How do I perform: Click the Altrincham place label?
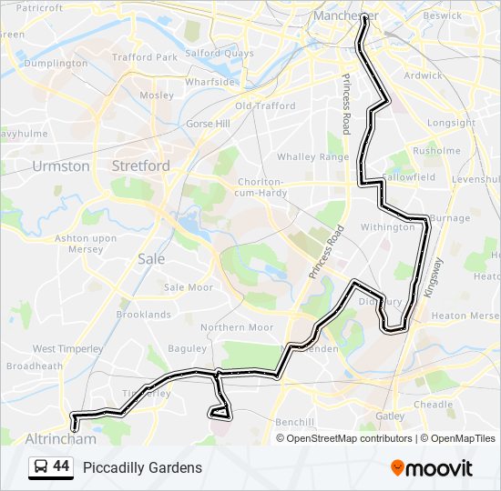click(61, 438)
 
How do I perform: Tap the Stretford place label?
click(140, 165)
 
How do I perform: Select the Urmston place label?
click(61, 166)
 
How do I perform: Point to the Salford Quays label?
click(220, 54)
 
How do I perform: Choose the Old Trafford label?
click(265, 106)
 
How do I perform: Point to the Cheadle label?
click(433, 405)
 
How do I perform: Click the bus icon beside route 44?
click(40, 467)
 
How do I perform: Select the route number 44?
click(61, 466)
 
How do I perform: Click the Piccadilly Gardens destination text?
click(142, 467)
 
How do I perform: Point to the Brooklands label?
click(143, 315)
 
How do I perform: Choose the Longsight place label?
click(451, 123)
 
